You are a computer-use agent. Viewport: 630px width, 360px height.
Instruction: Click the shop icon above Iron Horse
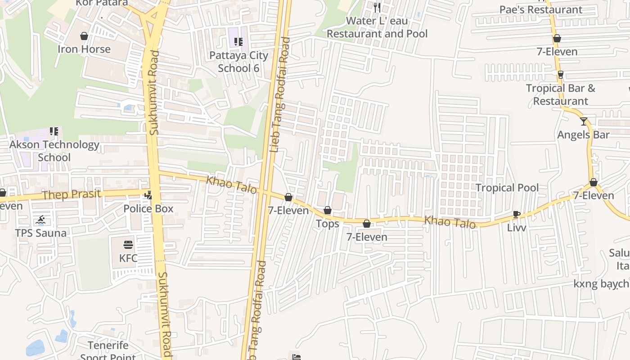pos(84,36)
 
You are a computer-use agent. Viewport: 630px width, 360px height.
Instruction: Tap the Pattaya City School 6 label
pos(238,62)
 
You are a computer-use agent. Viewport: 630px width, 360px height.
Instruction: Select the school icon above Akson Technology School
pos(54,131)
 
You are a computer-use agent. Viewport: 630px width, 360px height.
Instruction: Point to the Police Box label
pos(148,209)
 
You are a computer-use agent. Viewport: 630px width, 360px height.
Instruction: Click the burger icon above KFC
pos(128,245)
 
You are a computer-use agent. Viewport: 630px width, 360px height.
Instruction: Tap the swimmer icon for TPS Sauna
pos(41,220)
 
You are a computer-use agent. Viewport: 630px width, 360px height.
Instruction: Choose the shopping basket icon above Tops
pos(328,211)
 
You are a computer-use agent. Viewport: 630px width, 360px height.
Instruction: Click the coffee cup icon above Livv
pos(516,215)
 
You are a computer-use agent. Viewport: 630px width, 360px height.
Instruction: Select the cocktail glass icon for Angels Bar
pos(584,121)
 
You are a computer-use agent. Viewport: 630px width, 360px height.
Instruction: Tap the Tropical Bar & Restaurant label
pos(561,94)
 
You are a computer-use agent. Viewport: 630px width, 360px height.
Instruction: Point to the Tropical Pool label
pos(507,188)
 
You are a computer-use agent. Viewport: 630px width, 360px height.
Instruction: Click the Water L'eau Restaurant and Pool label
pos(377,27)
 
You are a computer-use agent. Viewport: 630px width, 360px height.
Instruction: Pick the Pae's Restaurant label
pos(541,9)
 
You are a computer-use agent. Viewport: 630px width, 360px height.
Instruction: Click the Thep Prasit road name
pos(71,194)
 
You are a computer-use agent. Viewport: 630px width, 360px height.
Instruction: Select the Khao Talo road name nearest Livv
pos(450,222)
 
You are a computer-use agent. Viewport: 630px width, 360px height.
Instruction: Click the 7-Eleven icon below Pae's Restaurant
pos(557,39)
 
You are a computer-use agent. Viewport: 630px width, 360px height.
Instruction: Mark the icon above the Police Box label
pos(148,196)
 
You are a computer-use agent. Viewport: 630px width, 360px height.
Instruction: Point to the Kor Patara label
pos(102,3)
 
